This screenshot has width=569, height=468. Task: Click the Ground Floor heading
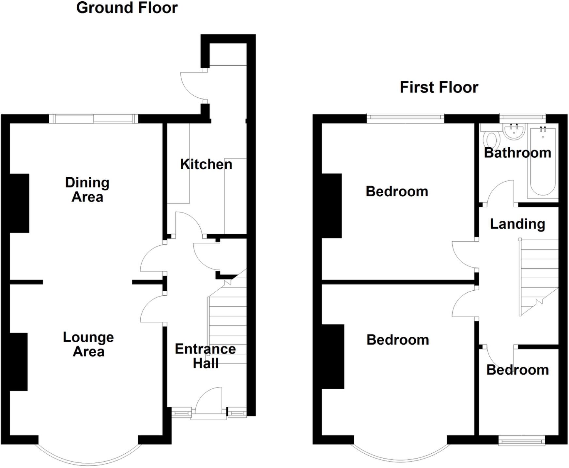point(127,8)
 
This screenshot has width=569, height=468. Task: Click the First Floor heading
point(438,88)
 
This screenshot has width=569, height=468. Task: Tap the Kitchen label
point(206,164)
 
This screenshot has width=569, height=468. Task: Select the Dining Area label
point(87,190)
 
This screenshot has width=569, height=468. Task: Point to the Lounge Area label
point(88,344)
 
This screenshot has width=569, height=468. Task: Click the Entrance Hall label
point(205,356)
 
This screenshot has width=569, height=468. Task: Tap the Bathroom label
point(517,153)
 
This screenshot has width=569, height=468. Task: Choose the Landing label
point(517,224)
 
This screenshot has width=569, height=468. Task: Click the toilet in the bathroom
point(491,140)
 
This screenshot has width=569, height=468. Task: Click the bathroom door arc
point(499,193)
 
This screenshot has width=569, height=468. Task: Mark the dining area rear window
point(94,119)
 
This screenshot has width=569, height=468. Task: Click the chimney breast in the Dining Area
point(20,203)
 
